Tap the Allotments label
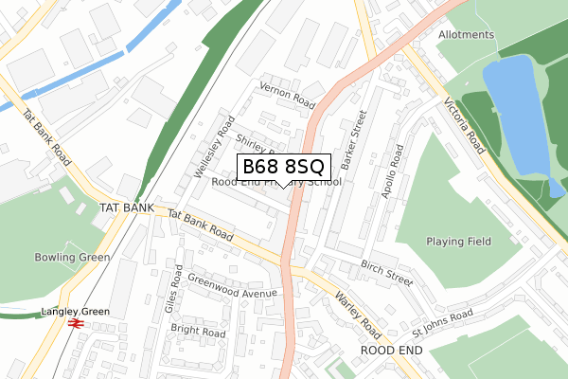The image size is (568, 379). pos(466,35)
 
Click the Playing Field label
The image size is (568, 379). pos(458,242)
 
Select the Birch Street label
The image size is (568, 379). pos(386,272)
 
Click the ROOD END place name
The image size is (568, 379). pos(391,350)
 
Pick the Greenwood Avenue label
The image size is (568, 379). pos(232,285)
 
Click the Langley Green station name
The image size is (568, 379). pos(75,312)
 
